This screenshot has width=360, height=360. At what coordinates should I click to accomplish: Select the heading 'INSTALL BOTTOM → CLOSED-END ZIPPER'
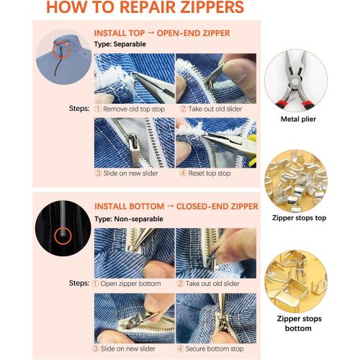coord(176,206)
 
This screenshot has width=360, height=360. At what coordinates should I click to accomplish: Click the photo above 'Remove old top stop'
coord(133,78)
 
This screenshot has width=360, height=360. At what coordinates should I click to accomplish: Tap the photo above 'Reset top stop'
coord(216,143)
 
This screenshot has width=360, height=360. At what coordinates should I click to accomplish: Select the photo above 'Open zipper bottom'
coord(133,250)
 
